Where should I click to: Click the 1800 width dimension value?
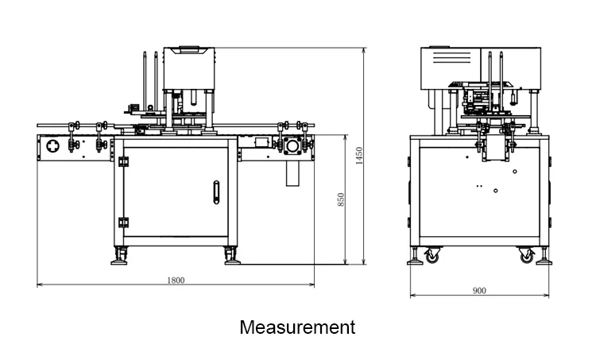click(176, 281)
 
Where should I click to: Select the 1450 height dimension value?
click(359, 156)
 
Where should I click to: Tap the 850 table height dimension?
click(341, 199)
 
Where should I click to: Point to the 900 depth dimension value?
click(479, 290)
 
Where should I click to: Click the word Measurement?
click(298, 327)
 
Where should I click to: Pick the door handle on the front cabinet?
click(216, 192)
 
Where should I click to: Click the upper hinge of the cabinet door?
click(123, 161)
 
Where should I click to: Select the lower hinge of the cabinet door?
click(123, 223)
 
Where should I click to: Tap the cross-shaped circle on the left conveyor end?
click(52, 145)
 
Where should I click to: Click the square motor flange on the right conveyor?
click(292, 146)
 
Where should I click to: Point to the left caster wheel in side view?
click(432, 255)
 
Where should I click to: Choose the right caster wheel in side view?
click(526, 255)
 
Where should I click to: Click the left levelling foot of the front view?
click(119, 257)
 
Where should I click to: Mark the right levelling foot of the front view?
click(232, 257)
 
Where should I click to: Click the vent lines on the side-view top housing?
click(452, 59)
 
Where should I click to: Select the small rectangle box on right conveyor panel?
click(262, 142)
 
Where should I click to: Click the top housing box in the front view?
click(189, 69)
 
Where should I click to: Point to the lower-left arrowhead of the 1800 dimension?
click(39, 285)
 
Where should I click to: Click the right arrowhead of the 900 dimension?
click(547, 295)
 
